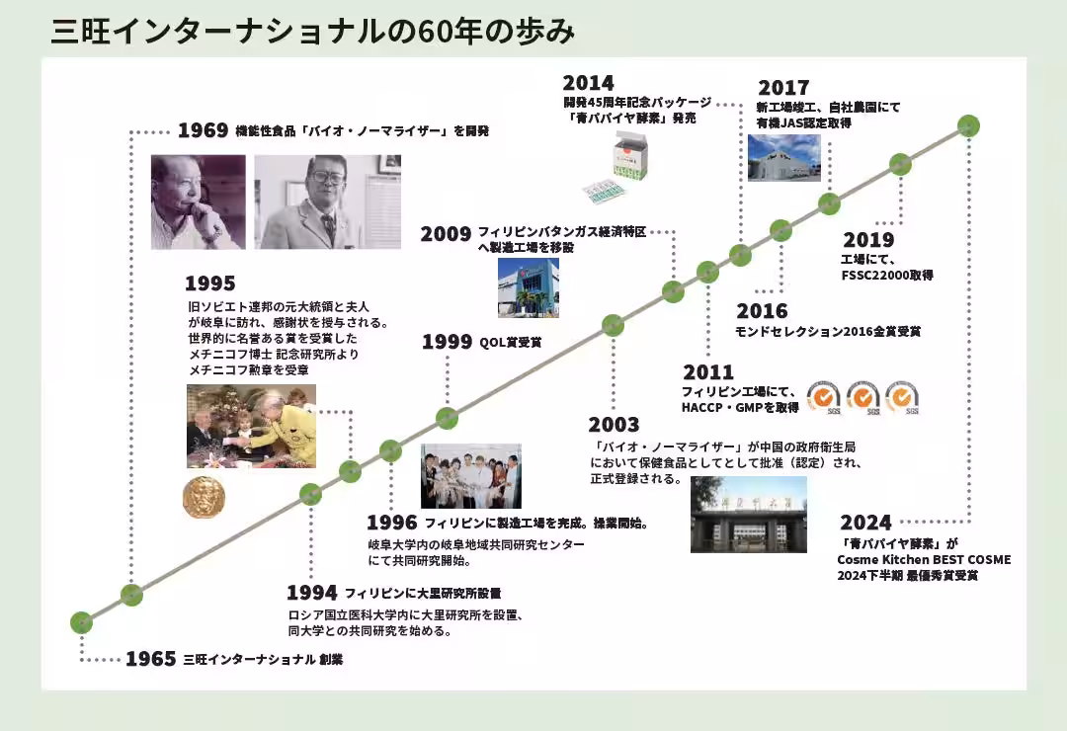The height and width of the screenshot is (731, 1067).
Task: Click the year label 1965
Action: (151, 659)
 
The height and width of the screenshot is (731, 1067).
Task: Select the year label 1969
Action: (203, 130)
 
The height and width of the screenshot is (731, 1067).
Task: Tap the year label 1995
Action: (210, 284)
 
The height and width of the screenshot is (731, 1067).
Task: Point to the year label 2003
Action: (614, 425)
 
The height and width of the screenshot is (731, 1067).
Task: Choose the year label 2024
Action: (865, 523)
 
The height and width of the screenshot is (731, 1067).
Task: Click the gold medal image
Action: (204, 497)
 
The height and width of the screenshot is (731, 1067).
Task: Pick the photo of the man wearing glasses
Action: (327, 202)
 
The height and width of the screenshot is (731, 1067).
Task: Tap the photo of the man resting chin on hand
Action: (198, 202)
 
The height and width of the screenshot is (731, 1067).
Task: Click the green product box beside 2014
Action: (629, 159)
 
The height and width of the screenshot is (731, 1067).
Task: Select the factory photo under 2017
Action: (783, 158)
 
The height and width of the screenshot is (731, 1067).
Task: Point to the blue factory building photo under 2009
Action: (528, 287)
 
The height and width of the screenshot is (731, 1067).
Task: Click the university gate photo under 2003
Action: (749, 515)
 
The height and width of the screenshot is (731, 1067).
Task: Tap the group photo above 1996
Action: (471, 476)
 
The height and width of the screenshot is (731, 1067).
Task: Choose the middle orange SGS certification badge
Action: (862, 397)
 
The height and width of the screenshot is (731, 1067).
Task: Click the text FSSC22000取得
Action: (887, 275)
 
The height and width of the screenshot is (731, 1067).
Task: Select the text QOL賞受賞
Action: (511, 343)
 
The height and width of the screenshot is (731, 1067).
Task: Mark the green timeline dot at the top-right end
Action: (968, 125)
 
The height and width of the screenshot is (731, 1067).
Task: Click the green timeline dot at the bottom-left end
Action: (81, 622)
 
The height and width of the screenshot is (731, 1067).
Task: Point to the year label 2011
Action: (708, 372)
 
